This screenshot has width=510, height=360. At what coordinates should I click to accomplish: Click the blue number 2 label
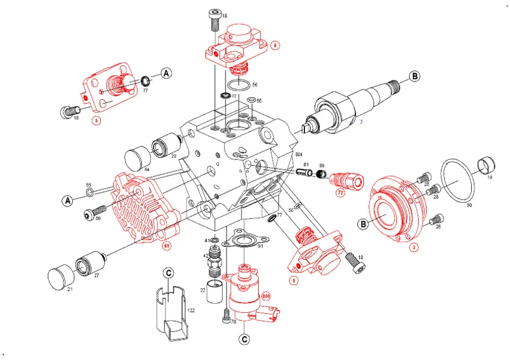pyautogui.click(x=362, y=122)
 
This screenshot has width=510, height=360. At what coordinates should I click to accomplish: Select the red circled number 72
pyautogui.click(x=340, y=192)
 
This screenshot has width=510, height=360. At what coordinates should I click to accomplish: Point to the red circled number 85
pyautogui.click(x=167, y=246)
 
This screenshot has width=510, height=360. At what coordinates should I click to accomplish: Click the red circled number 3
pyautogui.click(x=413, y=248)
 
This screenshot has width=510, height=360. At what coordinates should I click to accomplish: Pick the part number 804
pyautogui.click(x=300, y=155)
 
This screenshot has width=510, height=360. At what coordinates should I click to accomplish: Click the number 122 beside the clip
pyautogui.click(x=191, y=310)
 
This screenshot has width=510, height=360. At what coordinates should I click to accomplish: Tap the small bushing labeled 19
pyautogui.click(x=486, y=167)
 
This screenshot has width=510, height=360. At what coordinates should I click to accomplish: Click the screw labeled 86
pyautogui.click(x=91, y=214)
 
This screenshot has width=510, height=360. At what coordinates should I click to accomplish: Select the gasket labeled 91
pyautogui.click(x=245, y=241)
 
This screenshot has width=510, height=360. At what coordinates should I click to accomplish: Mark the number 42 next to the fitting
pyautogui.click(x=206, y=256)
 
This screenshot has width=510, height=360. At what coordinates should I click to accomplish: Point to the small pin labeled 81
pyautogui.click(x=303, y=172)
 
